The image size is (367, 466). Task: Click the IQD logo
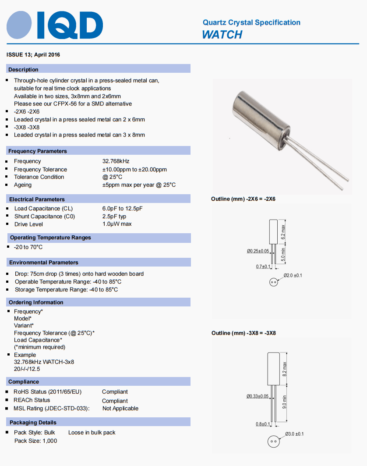click(55, 25)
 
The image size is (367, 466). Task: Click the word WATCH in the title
click(222, 35)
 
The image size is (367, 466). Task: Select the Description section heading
click(24, 69)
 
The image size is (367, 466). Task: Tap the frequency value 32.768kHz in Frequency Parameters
click(116, 161)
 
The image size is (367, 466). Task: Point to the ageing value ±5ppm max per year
click(139, 185)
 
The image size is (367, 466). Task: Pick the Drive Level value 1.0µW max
click(117, 224)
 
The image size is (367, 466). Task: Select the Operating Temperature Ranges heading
click(50, 238)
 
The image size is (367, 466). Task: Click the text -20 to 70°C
click(28, 247)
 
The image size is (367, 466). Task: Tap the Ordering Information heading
click(36, 302)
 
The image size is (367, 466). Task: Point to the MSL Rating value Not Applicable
click(120, 409)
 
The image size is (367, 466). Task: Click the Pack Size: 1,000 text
click(35, 441)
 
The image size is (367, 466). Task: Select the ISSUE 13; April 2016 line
click(33, 55)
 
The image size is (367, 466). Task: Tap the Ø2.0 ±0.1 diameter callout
click(293, 275)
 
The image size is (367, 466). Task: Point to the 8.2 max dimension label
click(284, 370)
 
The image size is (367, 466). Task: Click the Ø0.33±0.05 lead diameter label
click(258, 396)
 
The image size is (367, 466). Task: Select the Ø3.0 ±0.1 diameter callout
click(294, 434)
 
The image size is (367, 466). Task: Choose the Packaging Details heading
click(33, 423)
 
